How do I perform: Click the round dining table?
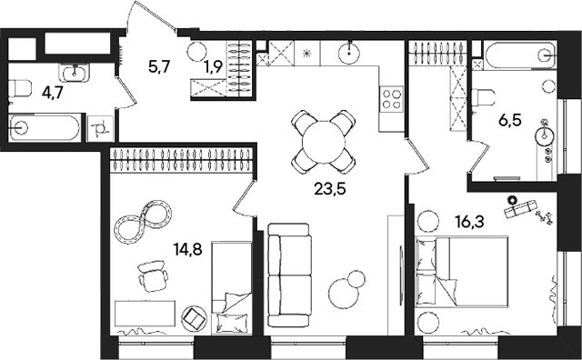coord(323,142)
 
